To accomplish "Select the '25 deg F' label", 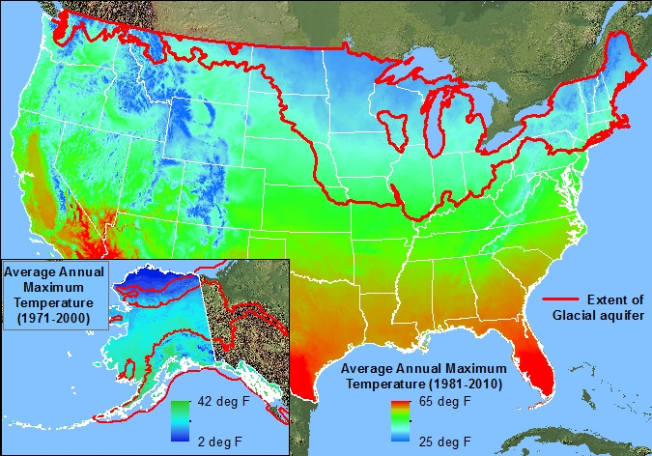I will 445,442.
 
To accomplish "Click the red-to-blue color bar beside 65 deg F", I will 400,419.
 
